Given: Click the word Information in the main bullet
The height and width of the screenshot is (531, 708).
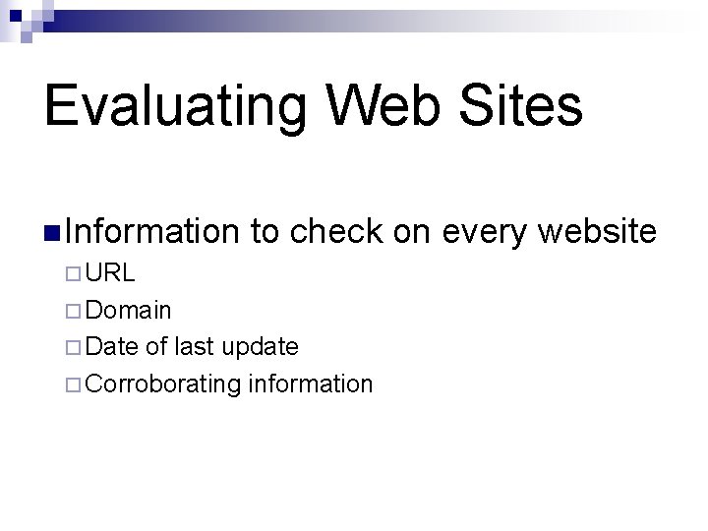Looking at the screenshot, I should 154,232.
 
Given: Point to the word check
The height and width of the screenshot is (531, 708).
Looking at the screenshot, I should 336,232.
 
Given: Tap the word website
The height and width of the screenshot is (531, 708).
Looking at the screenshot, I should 598,232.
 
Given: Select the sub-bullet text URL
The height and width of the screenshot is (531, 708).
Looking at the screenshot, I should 110,273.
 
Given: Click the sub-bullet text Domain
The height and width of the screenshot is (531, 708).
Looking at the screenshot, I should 129,311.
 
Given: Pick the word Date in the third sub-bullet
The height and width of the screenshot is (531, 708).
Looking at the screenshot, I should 112,347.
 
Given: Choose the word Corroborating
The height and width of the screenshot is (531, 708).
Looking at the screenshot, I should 163,384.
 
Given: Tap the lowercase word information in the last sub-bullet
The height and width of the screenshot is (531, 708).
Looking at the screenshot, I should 311,383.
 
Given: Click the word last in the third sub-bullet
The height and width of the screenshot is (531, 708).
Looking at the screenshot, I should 195,347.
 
